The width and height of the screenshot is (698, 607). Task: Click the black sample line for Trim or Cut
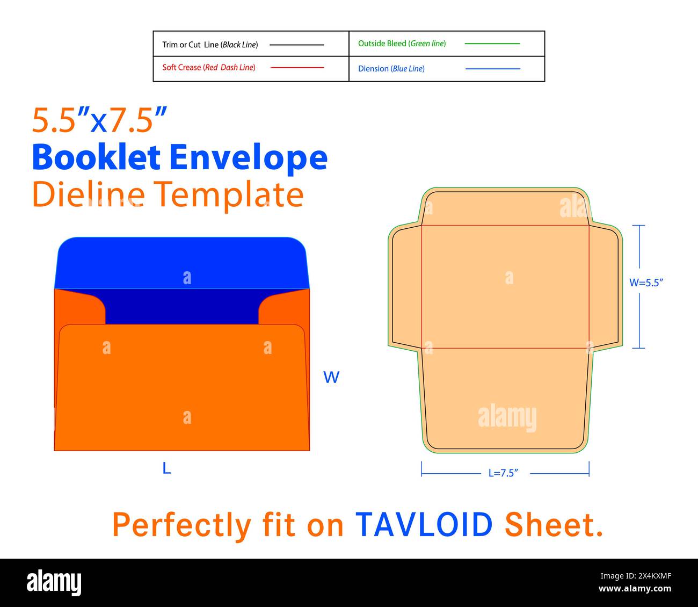(296, 45)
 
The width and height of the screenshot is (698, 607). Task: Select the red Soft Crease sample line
(297, 68)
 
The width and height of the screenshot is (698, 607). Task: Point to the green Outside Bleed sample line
(492, 44)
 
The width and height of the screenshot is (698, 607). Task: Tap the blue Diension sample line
(492, 69)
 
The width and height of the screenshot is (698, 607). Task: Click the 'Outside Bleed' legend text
(382, 44)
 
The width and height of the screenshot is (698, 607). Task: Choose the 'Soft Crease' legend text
(181, 67)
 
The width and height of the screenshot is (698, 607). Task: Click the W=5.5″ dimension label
(646, 283)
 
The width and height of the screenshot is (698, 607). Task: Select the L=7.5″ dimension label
(503, 473)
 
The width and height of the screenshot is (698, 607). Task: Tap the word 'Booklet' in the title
(96, 157)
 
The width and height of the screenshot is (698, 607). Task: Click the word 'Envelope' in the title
(249, 158)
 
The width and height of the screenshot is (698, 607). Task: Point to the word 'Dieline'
(89, 194)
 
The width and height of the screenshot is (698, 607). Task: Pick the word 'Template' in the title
(228, 196)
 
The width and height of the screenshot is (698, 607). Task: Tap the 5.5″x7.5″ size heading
(99, 120)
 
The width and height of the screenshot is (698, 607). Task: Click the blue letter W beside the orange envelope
(331, 377)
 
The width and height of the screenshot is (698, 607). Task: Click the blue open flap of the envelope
(182, 263)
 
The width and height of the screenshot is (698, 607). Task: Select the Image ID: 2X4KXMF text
(636, 576)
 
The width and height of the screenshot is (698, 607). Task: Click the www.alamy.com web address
(635, 588)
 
